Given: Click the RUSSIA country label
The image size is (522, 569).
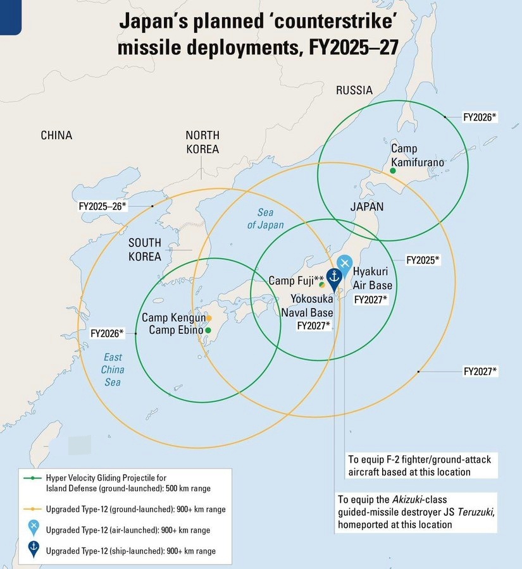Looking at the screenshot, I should [x=354, y=90].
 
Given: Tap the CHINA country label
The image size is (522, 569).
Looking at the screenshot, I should [x=56, y=135].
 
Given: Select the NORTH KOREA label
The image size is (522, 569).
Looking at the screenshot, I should [x=202, y=142].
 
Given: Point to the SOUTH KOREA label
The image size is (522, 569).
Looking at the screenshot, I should [x=145, y=250].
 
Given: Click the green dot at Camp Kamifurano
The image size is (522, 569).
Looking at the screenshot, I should [x=392, y=171].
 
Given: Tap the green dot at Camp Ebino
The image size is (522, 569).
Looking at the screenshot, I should [x=208, y=330].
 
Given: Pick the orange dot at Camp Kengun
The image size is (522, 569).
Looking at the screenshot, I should [x=209, y=318].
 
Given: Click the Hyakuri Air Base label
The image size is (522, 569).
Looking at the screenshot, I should [x=375, y=279].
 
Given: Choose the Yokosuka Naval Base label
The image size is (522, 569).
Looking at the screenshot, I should [x=312, y=305].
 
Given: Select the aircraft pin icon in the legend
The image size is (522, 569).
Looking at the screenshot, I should [x=34, y=529].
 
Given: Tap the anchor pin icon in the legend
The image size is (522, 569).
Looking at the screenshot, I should [x=34, y=550].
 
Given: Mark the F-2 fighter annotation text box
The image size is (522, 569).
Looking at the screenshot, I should [x=419, y=465].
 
